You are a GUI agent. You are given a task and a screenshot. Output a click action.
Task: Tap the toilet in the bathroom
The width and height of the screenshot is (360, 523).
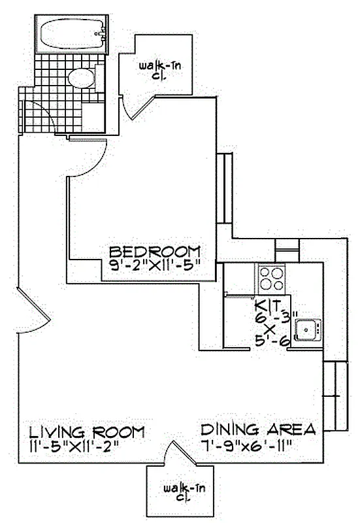tap(82, 79)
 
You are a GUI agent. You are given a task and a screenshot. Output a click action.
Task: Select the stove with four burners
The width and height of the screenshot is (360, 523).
tap(271, 278)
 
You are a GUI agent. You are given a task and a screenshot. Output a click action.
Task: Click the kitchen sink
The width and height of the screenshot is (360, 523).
tap(306, 329)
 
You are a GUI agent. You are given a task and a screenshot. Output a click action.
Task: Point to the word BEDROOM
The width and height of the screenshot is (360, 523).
tap(154, 252)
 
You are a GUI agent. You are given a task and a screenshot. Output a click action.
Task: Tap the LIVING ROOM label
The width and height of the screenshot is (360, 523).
tap(86, 432)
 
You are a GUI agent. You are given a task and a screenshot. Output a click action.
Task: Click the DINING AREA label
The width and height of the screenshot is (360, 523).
tap(258, 430)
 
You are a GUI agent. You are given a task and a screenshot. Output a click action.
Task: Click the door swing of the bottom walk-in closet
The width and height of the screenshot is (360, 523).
tap(173, 453)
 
